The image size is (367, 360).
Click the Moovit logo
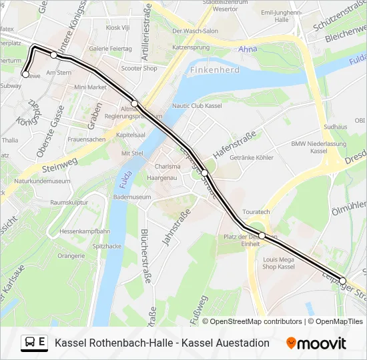pos(316,343)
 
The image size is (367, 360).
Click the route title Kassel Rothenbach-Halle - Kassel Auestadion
pos(162,343)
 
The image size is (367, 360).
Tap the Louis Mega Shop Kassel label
pos(279,263)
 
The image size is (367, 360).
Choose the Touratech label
pos(257,211)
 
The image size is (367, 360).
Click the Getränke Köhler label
pos(252,158)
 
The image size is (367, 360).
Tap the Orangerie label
pos(71,255)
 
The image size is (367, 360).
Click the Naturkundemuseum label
pos(42,181)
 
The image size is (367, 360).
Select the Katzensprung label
pos(192,47)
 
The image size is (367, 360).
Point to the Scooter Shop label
pos(139,68)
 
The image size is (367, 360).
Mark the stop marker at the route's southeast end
pos(343,281)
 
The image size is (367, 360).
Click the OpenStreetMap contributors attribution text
pos(252,321)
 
